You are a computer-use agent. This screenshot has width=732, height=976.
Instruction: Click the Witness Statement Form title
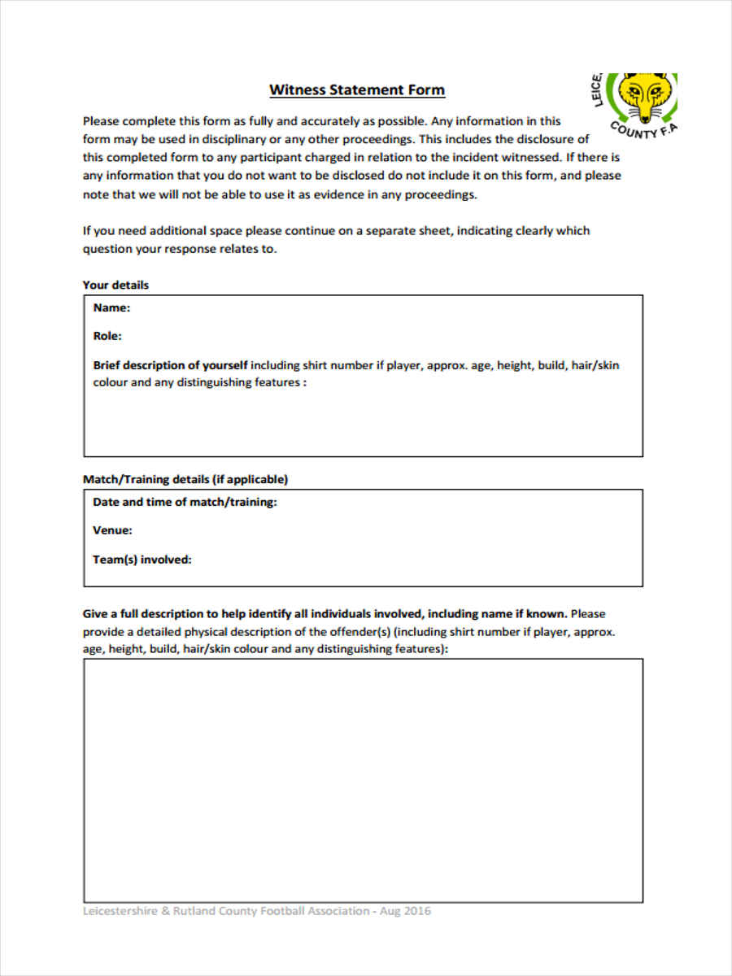[357, 89]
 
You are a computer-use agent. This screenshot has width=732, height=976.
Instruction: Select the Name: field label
[111, 308]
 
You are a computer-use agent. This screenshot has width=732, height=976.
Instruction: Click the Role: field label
[107, 336]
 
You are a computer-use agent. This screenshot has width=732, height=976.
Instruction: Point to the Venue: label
[112, 530]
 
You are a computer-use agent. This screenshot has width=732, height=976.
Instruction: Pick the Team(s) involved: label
[142, 560]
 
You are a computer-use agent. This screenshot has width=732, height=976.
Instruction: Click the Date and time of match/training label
[185, 503]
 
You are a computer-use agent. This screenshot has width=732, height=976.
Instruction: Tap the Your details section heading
[115, 285]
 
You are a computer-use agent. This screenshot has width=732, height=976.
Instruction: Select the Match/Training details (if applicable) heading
[185, 479]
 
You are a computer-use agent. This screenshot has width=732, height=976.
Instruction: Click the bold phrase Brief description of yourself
[170, 365]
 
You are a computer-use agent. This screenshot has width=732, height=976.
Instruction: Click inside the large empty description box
[363, 781]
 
